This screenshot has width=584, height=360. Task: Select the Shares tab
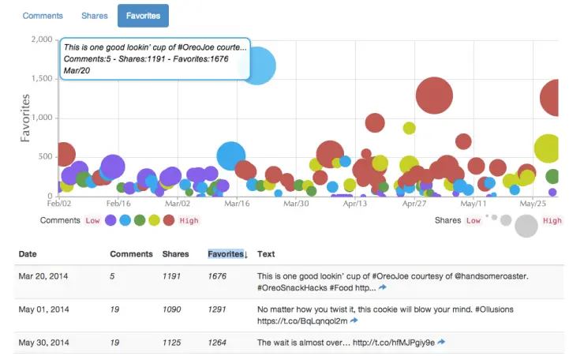(x=95, y=15)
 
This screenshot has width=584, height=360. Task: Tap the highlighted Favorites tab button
(x=143, y=15)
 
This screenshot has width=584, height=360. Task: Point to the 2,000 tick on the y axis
(x=39, y=40)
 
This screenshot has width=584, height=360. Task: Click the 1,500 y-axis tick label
(x=39, y=79)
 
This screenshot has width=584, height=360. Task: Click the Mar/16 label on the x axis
(x=238, y=203)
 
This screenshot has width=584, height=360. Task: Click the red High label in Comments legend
(x=189, y=221)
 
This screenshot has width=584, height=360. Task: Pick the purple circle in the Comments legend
(x=111, y=221)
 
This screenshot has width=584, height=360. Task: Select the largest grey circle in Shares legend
(x=526, y=225)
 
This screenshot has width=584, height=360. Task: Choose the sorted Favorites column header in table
(x=227, y=254)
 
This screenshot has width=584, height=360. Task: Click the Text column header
(x=266, y=254)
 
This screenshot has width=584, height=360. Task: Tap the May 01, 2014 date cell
(x=49, y=309)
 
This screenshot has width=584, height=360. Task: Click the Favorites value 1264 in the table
(x=217, y=343)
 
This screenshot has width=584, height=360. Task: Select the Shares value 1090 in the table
(x=171, y=309)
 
